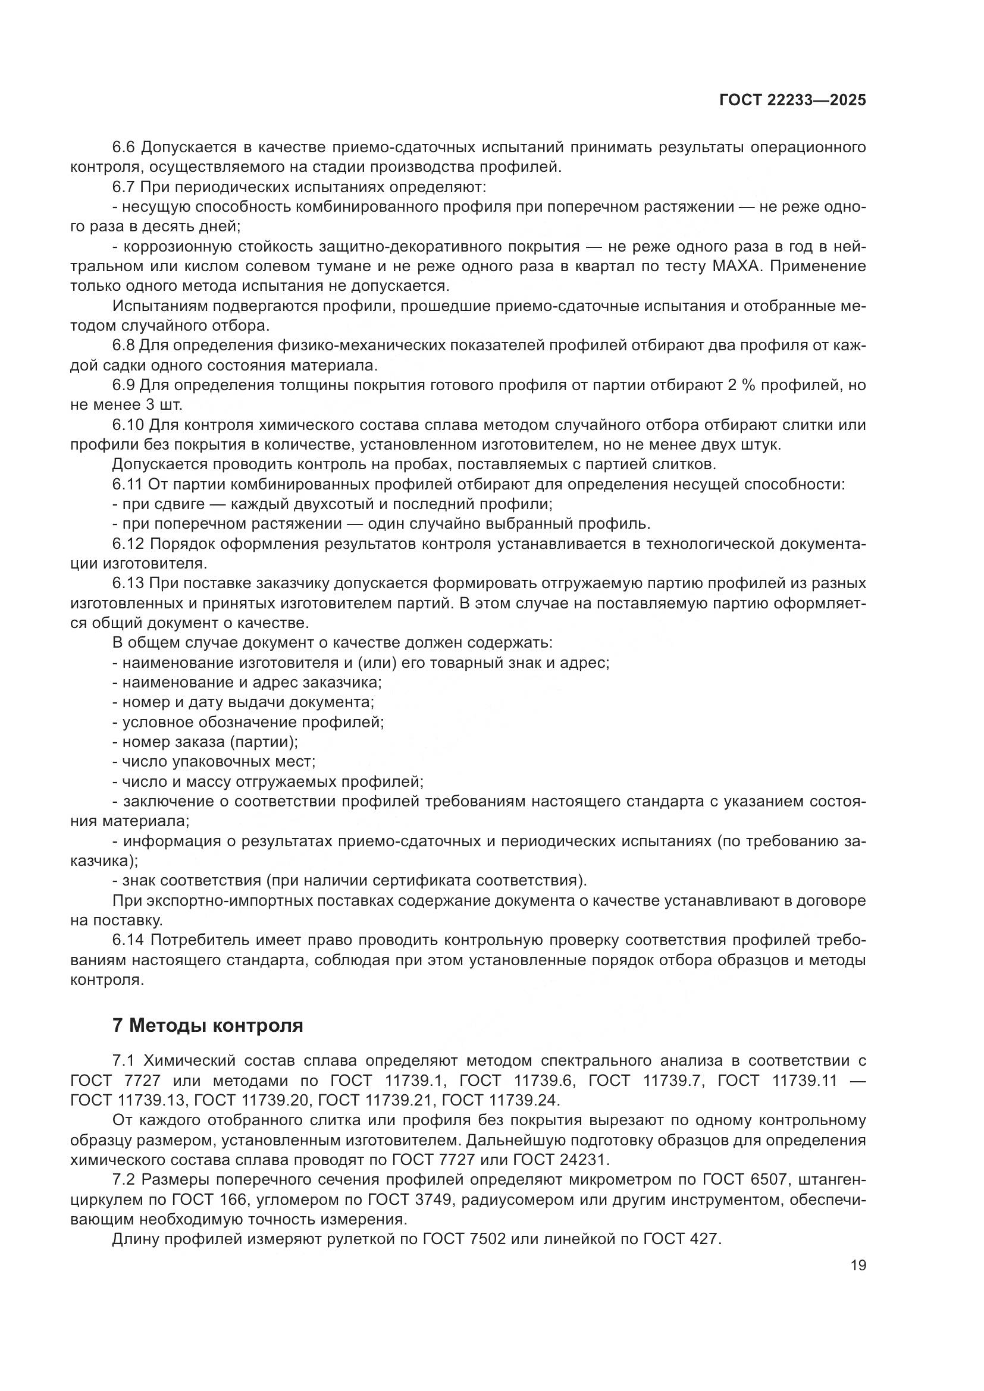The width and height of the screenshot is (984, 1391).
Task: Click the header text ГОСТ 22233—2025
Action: pos(792,101)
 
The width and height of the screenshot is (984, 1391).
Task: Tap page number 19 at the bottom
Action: pos(858,1265)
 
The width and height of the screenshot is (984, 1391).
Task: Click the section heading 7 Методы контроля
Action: pos(208,1026)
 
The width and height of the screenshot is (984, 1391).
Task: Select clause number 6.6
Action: pos(125,147)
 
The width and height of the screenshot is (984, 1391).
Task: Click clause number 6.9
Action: pos(124,385)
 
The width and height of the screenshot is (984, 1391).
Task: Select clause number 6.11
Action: pos(127,484)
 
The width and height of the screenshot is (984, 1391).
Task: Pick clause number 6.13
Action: pos(129,583)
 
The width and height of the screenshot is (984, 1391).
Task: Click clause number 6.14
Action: pos(129,940)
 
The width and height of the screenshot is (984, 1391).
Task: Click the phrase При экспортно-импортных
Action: pos(212,900)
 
